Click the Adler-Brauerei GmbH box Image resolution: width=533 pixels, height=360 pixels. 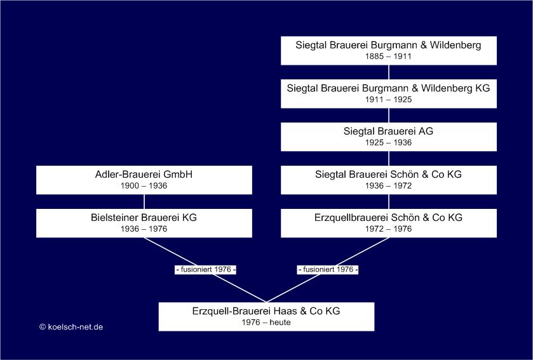(x=144, y=180)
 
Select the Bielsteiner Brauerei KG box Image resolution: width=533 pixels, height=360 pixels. (x=144, y=223)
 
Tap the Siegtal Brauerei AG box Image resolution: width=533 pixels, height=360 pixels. (x=389, y=137)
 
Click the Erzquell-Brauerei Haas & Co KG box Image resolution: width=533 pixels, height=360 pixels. (x=267, y=317)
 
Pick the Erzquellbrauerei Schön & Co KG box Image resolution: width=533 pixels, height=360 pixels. (x=389, y=223)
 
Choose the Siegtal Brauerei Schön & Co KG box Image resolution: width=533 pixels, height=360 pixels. (x=389, y=180)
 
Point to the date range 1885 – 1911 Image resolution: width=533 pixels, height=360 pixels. (x=389, y=57)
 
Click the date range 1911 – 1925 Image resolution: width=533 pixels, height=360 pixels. (x=389, y=100)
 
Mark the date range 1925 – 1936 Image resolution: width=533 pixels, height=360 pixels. (x=389, y=143)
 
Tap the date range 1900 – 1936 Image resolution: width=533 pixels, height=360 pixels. (x=144, y=186)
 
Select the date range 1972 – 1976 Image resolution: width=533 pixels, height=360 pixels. (x=389, y=229)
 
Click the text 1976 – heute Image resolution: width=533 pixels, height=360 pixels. (x=267, y=323)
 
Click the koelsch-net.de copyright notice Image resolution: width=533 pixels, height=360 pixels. (x=71, y=327)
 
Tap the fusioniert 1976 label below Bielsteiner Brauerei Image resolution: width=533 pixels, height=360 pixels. (x=206, y=270)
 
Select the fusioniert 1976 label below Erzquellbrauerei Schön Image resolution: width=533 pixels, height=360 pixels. (x=328, y=270)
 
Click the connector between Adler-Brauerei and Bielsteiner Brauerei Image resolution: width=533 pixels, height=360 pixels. (x=144, y=202)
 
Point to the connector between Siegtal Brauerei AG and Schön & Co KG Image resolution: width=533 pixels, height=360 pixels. (x=389, y=159)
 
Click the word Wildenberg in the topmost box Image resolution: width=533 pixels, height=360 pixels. (x=455, y=45)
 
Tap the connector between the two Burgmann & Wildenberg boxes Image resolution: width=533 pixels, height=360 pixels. (x=389, y=72)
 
